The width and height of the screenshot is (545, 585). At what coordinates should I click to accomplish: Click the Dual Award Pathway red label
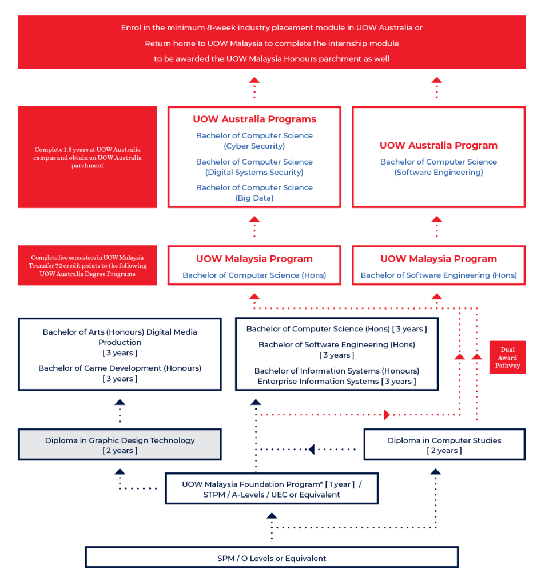(x=507, y=358)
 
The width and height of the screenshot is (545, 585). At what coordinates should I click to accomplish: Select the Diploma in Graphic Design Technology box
(x=120, y=445)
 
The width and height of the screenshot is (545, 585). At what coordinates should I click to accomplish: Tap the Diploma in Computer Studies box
(x=444, y=445)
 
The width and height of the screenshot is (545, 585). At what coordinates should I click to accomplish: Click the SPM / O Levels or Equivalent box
(x=272, y=558)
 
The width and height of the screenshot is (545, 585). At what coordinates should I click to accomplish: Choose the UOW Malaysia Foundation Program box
(x=272, y=489)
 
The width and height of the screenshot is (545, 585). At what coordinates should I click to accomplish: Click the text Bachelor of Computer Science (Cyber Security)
(x=254, y=141)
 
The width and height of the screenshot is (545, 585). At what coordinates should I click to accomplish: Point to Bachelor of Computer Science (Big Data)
(x=254, y=193)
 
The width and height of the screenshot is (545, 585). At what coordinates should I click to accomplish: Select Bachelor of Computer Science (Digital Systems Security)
(x=254, y=167)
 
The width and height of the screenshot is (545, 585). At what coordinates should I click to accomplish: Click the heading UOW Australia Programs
(x=254, y=119)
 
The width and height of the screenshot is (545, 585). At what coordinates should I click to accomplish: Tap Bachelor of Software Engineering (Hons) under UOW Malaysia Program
(x=438, y=275)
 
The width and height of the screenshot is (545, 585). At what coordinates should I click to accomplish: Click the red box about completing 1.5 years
(x=87, y=158)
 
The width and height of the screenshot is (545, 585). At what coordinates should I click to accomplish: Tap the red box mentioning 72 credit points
(x=87, y=266)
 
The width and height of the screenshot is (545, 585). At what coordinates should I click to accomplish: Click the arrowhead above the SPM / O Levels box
(x=272, y=516)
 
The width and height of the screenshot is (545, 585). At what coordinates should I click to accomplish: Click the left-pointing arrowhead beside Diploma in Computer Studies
(x=311, y=449)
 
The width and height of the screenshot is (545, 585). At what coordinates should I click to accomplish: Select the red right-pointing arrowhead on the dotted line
(x=388, y=414)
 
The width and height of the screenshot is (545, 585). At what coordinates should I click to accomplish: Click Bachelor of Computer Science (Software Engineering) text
(x=438, y=167)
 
